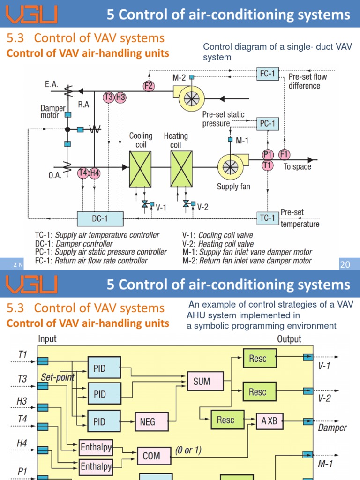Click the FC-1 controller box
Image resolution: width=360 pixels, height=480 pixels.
268,74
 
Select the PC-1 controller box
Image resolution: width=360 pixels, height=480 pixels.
268,124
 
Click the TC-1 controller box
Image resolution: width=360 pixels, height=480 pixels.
268,218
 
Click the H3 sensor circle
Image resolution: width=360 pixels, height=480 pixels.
120,97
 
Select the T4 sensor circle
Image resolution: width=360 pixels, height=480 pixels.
83,173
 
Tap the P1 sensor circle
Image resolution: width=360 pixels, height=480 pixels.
268,155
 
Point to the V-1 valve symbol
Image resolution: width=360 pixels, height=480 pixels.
145,204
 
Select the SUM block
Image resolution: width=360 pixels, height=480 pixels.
202,382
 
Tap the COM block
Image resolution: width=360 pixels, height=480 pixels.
151,455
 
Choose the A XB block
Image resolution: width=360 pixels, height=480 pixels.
270,421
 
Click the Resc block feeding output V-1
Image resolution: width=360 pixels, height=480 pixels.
257,359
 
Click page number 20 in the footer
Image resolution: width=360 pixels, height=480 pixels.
345,264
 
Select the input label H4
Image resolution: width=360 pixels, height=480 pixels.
22,442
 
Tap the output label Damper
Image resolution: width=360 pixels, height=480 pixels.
332,427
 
